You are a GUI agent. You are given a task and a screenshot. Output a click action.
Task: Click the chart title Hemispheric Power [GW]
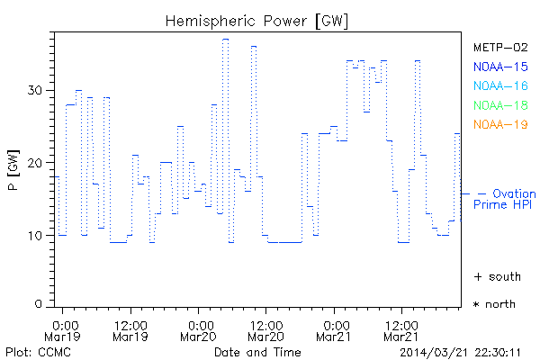257,20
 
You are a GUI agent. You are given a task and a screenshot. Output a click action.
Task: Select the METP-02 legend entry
500,47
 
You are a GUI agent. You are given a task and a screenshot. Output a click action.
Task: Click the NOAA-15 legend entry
500,67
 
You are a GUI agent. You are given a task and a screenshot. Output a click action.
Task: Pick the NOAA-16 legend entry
500,85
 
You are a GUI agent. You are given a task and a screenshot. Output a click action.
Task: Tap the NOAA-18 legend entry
500,105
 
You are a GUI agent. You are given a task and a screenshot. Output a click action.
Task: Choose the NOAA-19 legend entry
500,124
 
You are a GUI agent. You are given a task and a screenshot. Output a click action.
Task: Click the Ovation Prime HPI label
504,200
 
